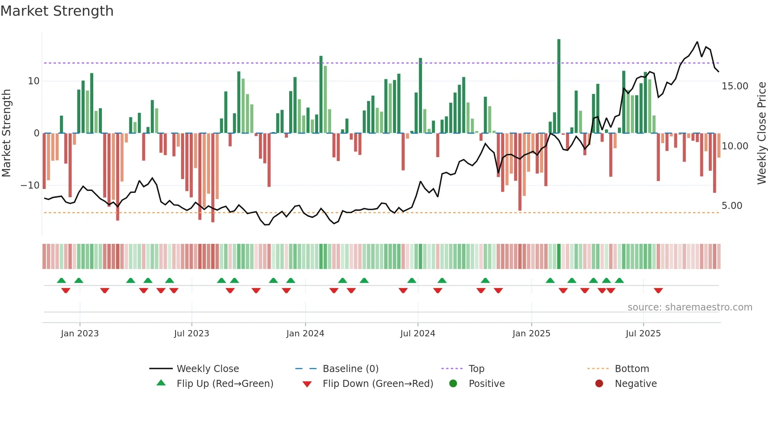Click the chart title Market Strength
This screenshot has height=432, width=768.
coord(57,11)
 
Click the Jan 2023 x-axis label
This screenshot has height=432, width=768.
coord(80,334)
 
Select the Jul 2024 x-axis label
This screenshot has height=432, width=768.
coord(417,334)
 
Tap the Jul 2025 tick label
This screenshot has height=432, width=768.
coord(643,334)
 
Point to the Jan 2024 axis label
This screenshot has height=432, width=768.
coord(305,334)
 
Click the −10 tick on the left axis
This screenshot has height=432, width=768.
coord(31,185)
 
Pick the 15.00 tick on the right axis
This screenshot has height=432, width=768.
coord(735,86)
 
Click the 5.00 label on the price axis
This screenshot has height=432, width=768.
coord(732,206)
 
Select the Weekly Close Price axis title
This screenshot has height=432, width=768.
coord(761,133)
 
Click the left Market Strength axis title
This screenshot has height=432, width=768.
coord(6,133)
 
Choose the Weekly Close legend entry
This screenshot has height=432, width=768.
coord(207,369)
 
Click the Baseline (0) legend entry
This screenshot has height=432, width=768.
coord(350,369)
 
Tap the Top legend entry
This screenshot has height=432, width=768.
coord(476,369)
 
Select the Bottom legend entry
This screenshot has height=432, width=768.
coord(632,369)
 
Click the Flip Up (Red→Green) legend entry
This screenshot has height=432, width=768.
coord(225,384)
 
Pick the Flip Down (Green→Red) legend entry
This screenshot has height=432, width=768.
coord(378,384)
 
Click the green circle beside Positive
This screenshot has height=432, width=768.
coord(453,384)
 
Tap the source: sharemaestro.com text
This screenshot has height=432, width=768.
coord(690,307)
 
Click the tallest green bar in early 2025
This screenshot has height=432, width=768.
coord(559,86)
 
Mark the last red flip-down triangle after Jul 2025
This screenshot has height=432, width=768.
coord(658,290)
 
